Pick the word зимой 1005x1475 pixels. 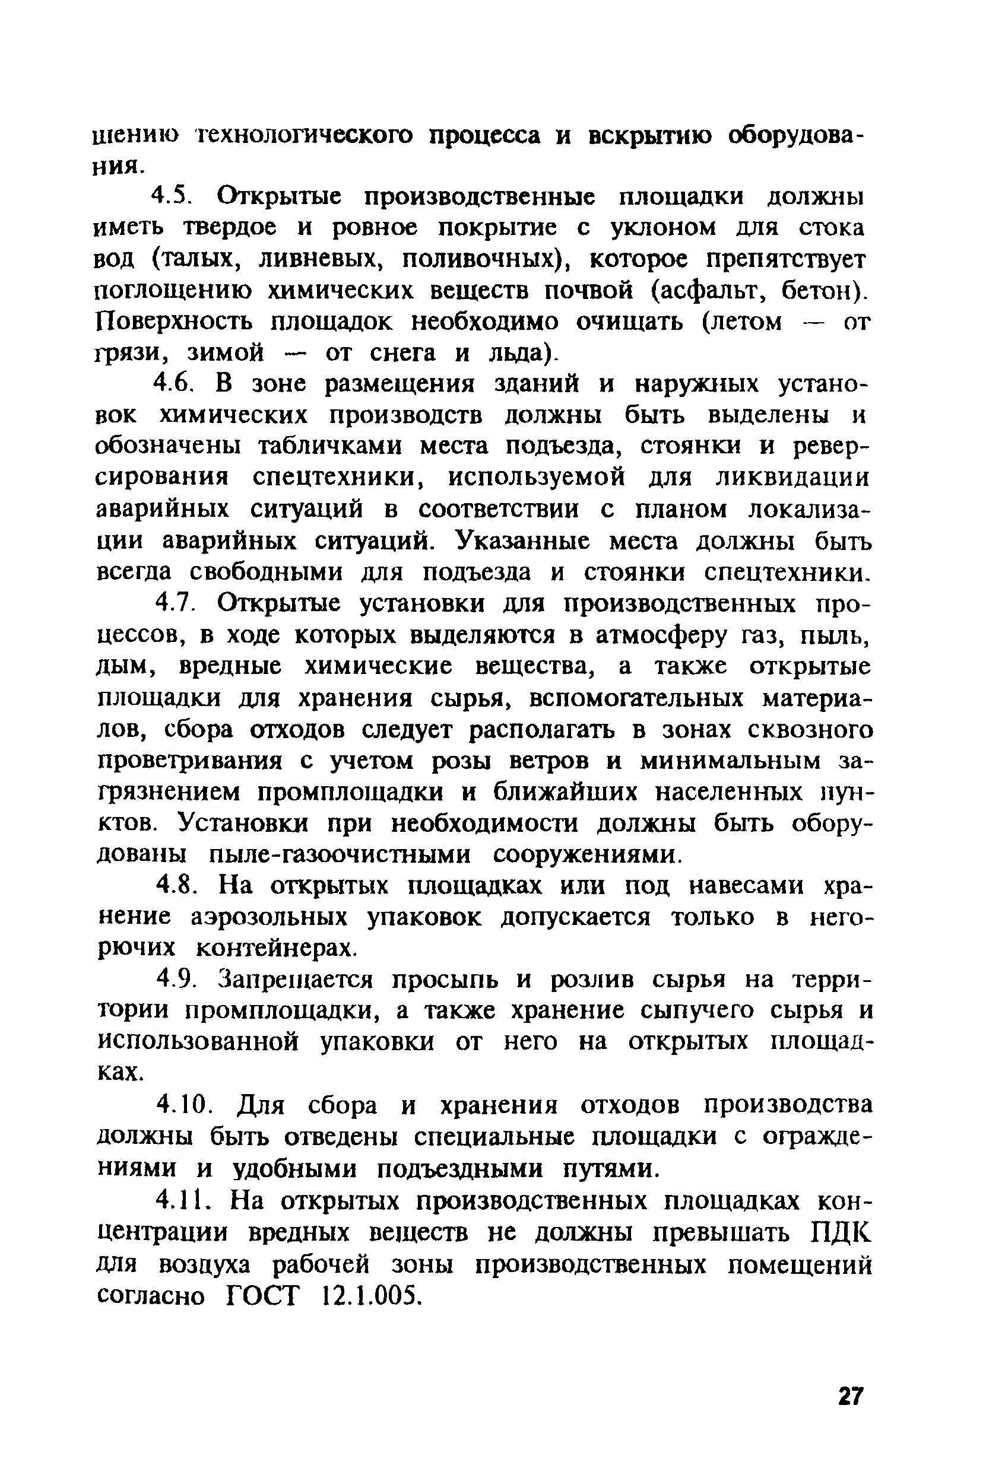coord(225,353)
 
